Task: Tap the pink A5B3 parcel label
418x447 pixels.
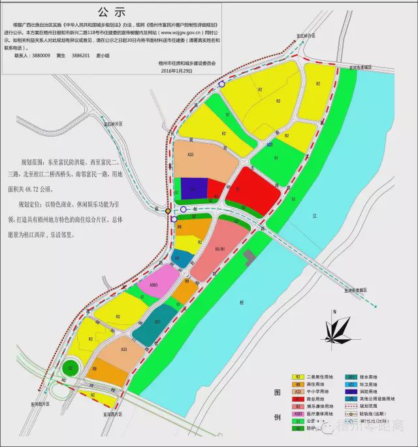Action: [154, 285]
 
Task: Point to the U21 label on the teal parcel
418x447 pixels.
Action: [157, 322]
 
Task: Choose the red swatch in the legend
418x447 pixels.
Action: [298, 399]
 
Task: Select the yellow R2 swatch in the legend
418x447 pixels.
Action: [298, 377]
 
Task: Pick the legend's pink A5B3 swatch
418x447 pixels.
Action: [298, 414]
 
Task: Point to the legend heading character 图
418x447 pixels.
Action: [277, 393]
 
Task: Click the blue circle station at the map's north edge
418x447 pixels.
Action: [222, 84]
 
